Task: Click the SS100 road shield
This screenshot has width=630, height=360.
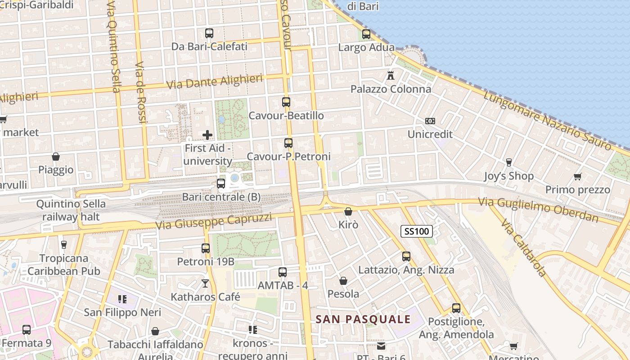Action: click(416, 231)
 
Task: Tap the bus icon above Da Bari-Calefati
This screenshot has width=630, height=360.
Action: click(209, 33)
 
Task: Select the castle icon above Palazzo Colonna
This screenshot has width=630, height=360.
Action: click(391, 75)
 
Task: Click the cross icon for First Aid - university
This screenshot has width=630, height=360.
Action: click(207, 135)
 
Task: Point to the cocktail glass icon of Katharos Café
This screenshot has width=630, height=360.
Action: click(205, 283)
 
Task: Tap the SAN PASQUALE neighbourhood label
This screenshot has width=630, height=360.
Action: click(363, 319)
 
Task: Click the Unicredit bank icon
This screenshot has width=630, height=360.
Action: click(430, 121)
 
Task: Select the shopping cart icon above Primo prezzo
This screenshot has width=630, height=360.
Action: click(578, 176)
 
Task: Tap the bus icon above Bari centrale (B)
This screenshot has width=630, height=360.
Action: click(220, 184)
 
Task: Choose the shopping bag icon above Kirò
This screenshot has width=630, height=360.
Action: click(348, 211)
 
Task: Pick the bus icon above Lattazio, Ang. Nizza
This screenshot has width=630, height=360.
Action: click(406, 256)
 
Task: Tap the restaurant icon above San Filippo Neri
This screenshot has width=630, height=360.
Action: click(122, 299)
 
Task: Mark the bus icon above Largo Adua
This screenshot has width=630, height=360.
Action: click(366, 34)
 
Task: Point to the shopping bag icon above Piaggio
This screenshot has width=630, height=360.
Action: click(56, 157)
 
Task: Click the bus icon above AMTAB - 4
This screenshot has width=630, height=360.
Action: click(283, 272)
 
